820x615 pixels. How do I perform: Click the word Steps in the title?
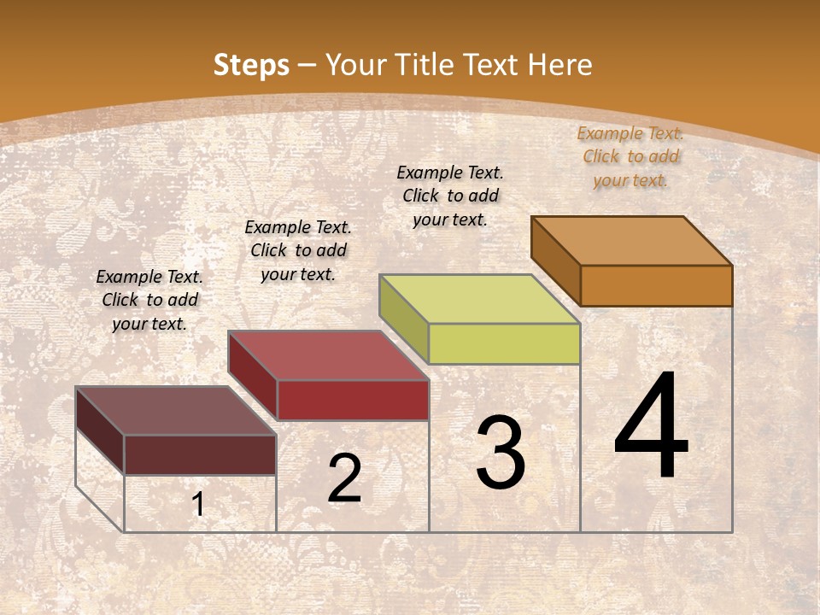tap(250, 65)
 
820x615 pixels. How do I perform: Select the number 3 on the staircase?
tap(500, 453)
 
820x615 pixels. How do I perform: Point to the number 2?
tap(344, 478)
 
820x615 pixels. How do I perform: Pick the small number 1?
tap(198, 505)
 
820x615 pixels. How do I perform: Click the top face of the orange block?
tap(632, 240)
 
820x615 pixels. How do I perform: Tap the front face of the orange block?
tap(656, 285)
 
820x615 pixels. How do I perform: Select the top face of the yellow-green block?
tap(480, 299)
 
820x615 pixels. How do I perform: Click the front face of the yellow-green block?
tap(504, 344)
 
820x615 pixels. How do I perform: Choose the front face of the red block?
tap(353, 400)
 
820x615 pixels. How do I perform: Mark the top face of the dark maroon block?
tap(176, 411)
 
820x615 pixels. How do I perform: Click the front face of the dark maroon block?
tap(200, 454)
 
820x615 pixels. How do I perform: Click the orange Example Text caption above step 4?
tap(630, 156)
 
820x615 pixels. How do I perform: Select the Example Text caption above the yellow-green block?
tap(450, 196)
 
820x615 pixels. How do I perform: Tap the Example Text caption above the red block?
tap(298, 250)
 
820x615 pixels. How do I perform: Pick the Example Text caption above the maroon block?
tap(149, 300)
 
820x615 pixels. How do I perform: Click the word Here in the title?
tap(559, 65)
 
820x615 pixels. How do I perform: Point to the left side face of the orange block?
tap(556, 260)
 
